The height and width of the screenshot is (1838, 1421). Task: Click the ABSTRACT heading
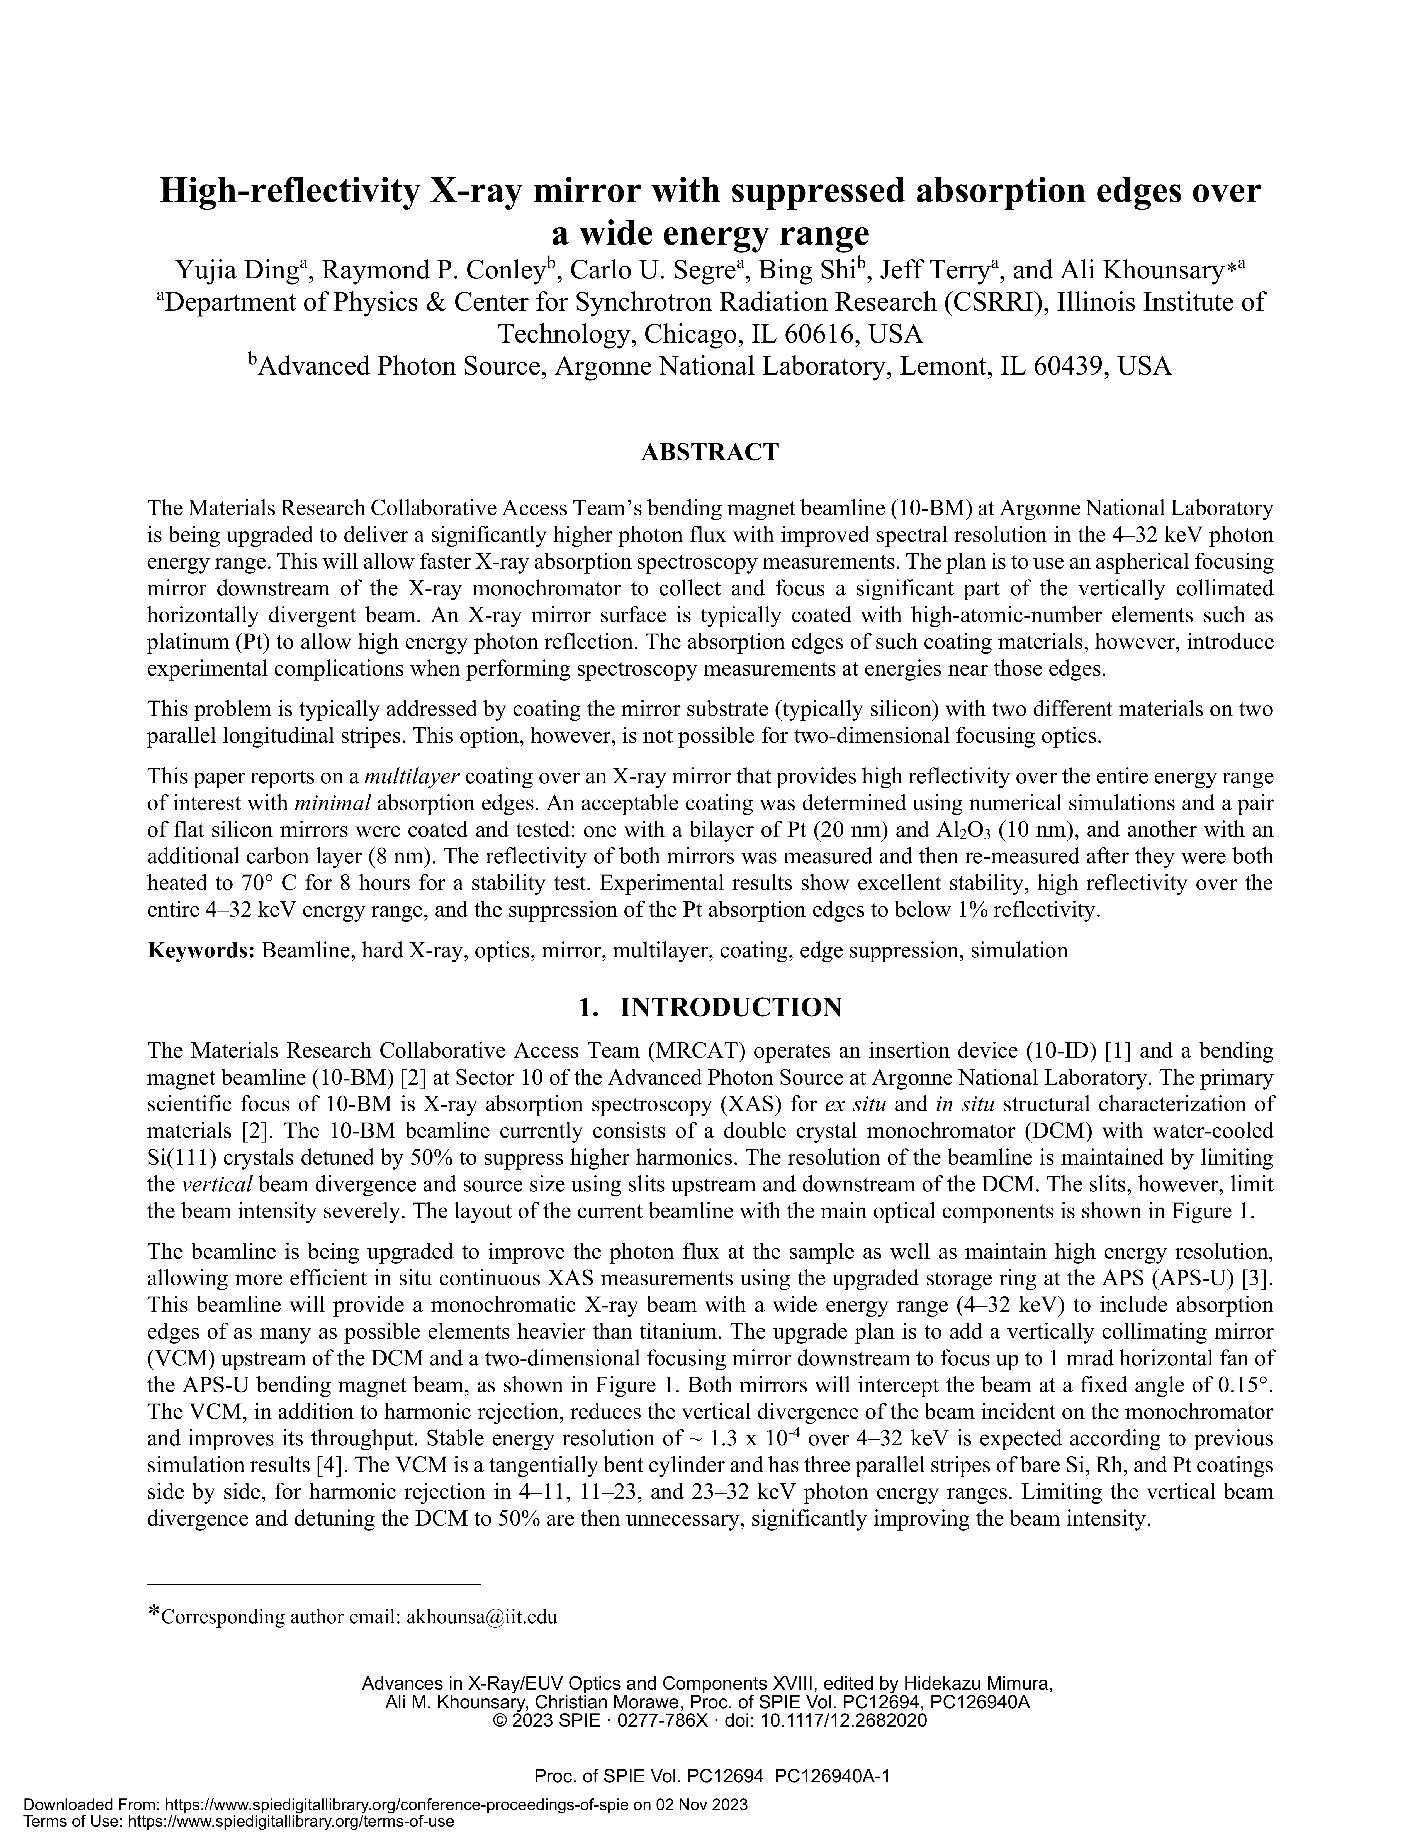[710, 453]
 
